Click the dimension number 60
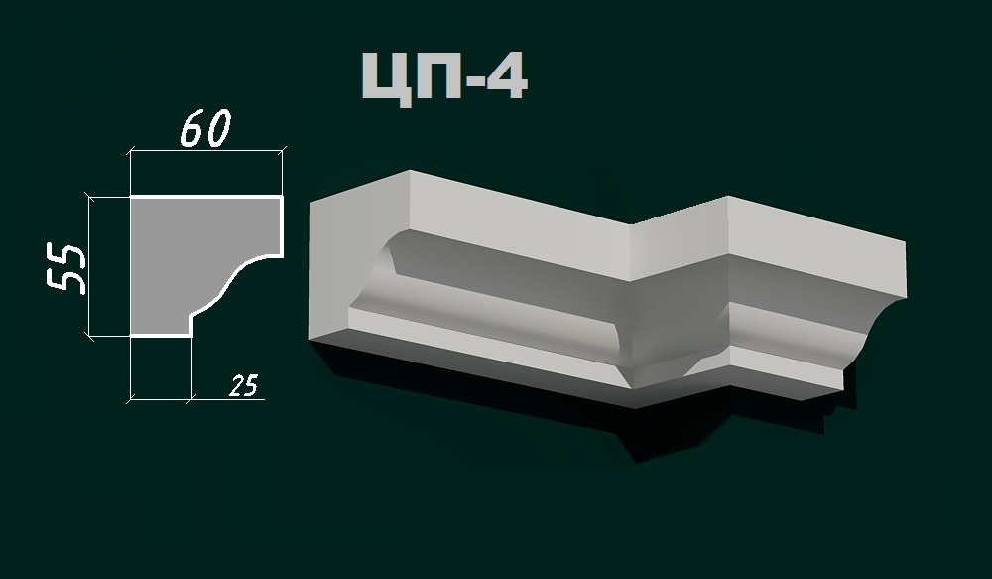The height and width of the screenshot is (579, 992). click(x=205, y=128)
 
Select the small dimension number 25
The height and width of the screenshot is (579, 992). click(x=243, y=386)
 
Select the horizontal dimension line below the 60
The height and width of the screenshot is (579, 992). click(x=205, y=152)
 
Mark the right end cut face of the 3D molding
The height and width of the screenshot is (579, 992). click(x=877, y=318)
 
